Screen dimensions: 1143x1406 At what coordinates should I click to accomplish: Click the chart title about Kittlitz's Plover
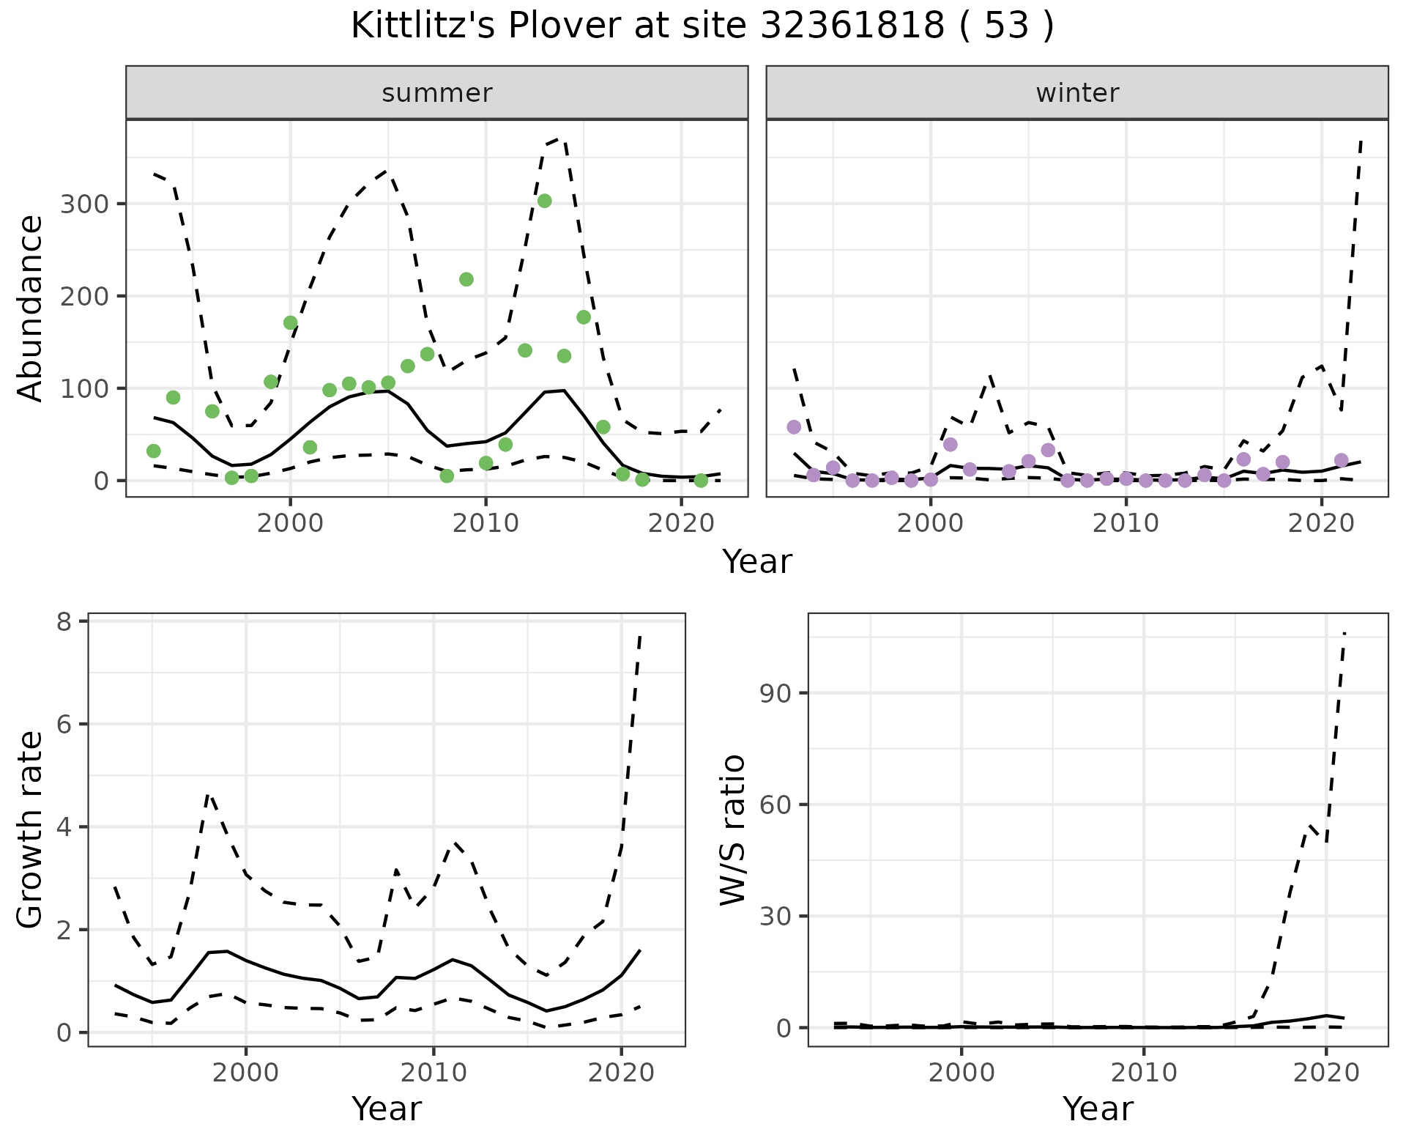pyautogui.click(x=702, y=26)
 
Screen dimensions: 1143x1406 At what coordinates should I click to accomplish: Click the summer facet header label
pyautogui.click(x=437, y=93)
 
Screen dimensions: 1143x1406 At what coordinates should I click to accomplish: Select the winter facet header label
pyautogui.click(x=1077, y=93)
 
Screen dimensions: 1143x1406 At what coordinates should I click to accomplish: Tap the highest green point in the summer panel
pyautogui.click(x=544, y=201)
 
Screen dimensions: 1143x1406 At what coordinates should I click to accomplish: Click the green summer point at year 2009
pyautogui.click(x=466, y=279)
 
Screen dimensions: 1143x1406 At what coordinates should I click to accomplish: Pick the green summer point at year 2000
pyautogui.click(x=291, y=323)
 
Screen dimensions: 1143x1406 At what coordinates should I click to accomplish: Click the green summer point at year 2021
pyautogui.click(x=701, y=481)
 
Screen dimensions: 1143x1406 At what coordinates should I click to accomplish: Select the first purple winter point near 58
pyautogui.click(x=794, y=427)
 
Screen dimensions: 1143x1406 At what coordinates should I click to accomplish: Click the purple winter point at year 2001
pyautogui.click(x=951, y=445)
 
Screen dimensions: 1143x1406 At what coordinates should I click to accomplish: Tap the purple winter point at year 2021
pyautogui.click(x=1342, y=460)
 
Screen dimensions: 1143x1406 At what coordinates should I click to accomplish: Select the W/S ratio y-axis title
pyautogui.click(x=732, y=829)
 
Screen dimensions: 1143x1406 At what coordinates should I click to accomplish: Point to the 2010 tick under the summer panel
pyautogui.click(x=486, y=525)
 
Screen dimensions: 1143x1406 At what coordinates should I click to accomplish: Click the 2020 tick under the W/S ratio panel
pyautogui.click(x=1326, y=1073)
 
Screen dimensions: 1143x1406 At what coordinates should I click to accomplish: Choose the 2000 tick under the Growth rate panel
pyautogui.click(x=246, y=1073)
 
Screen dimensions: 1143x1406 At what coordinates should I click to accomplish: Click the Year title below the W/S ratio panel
pyautogui.click(x=1098, y=1109)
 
